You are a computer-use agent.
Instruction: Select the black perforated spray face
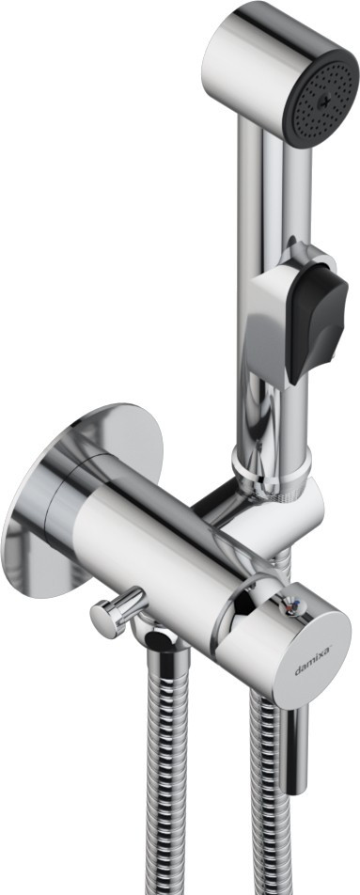(x=321, y=98)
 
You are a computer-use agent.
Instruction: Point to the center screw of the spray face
(x=324, y=102)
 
